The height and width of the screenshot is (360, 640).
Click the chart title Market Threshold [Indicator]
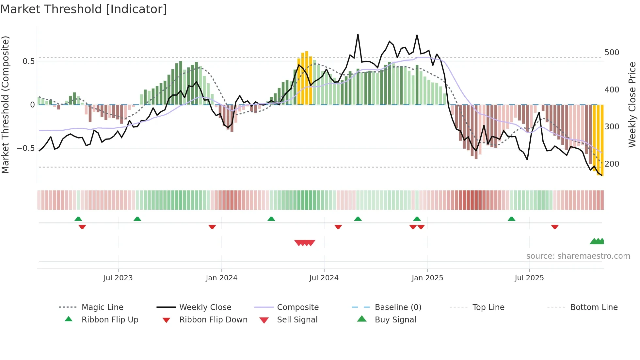[x=84, y=9]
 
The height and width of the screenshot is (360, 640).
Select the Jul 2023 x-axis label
[x=118, y=278]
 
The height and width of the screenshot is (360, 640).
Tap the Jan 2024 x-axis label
[x=221, y=278]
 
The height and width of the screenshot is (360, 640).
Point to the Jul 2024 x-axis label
[x=324, y=278]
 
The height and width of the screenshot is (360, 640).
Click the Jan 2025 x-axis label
[x=427, y=278]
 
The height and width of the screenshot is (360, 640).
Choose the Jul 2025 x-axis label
[x=529, y=278]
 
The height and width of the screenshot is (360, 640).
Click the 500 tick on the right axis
[x=612, y=53]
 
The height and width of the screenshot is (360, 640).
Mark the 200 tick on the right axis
[x=612, y=164]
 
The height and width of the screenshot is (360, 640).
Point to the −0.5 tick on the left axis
[x=25, y=148]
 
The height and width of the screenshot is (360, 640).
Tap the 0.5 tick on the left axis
[x=28, y=61]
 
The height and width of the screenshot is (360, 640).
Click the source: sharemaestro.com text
[x=578, y=256]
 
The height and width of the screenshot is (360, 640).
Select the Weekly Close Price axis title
[x=632, y=105]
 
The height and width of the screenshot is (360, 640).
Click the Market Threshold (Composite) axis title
[x=5, y=105]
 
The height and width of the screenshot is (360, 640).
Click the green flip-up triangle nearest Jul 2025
[x=511, y=219]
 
